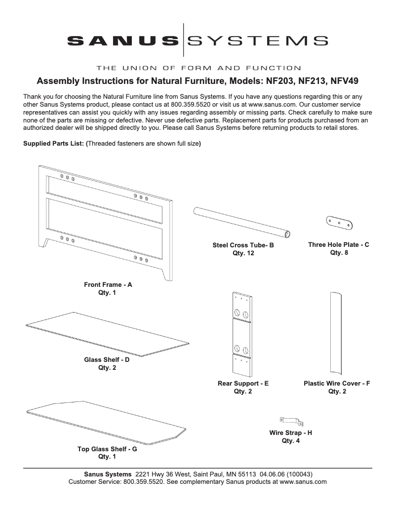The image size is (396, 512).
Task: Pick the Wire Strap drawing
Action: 291,421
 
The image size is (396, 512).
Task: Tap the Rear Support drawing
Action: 242,334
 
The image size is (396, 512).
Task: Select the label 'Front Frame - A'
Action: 108,285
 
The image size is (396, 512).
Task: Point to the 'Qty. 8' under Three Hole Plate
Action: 339,253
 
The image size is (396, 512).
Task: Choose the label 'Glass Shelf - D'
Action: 107,360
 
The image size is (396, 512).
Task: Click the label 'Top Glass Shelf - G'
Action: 107,449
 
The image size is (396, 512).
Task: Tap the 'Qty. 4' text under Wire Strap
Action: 290,441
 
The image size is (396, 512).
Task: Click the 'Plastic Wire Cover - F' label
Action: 337,383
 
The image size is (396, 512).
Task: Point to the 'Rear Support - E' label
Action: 243,383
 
